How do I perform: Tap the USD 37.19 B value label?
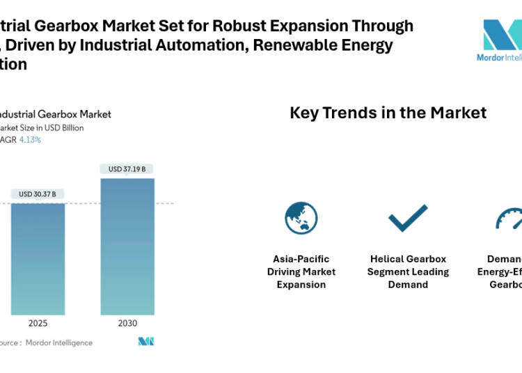click(x=127, y=168)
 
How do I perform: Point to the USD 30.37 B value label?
click(x=38, y=193)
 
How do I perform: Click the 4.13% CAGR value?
click(x=29, y=140)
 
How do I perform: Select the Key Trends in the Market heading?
click(x=388, y=113)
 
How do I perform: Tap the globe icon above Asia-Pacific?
click(x=301, y=218)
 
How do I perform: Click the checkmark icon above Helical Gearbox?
click(x=408, y=218)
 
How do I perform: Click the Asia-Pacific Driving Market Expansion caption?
click(x=301, y=271)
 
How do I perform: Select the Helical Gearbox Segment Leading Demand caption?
click(x=408, y=271)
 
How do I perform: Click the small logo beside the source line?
click(x=146, y=342)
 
